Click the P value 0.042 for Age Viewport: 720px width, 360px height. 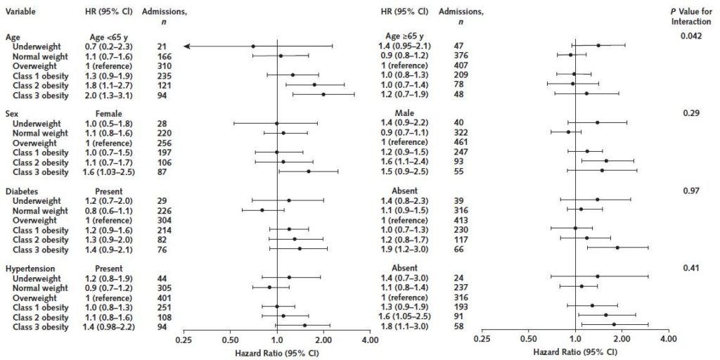pos(690,36)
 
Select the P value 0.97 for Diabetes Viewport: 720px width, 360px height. pos(690,191)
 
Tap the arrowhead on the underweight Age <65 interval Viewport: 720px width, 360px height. pos(186,46)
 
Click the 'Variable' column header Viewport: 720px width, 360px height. pos(21,12)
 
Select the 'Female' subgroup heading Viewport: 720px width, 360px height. pos(109,113)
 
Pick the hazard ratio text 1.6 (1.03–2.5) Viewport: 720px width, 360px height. pos(108,172)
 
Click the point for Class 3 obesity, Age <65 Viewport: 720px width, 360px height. pos(323,94)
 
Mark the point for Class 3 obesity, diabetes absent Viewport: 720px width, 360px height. pos(617,247)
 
